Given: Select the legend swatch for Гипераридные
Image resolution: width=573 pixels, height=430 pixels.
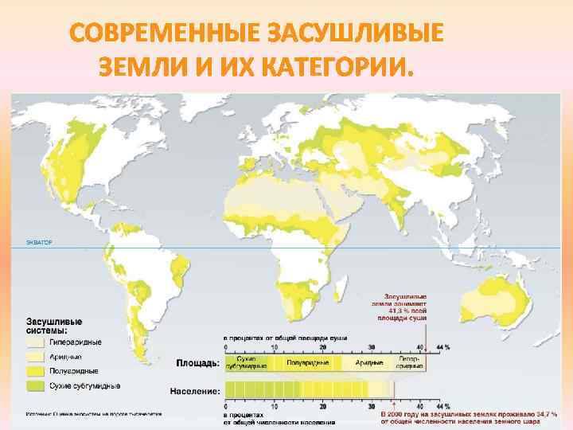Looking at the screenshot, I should pos(34,342).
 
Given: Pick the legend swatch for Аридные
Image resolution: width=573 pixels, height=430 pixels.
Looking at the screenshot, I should pos(34,356).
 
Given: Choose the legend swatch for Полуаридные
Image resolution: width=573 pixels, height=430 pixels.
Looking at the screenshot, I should pos(34,370).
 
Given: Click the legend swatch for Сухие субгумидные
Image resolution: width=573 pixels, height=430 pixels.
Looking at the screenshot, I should pos(34,385).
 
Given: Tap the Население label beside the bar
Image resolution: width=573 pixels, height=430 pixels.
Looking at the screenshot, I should pos(194,391).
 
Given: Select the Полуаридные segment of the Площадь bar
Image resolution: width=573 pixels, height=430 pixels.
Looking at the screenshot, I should pos(306,363).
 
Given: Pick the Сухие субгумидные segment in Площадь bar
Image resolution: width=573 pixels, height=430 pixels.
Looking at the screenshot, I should pos(248,363).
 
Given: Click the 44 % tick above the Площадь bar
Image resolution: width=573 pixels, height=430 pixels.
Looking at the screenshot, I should pos(442,347).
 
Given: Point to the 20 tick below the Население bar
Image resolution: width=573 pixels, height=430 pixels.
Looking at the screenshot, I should pos(323,406).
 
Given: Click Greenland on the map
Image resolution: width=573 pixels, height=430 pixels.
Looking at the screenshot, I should pos(215,115).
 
